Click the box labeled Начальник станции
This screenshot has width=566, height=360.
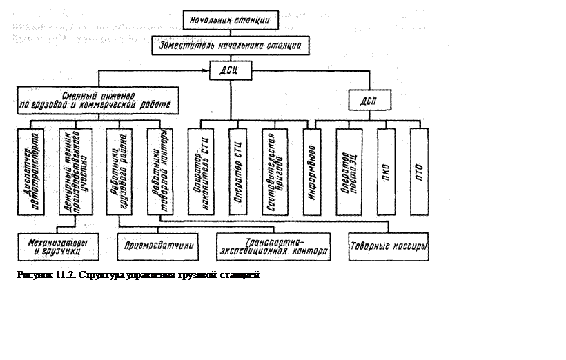tap(232, 20)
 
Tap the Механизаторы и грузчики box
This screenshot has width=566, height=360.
tap(58, 248)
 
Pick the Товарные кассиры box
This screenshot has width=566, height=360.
tap(389, 246)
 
